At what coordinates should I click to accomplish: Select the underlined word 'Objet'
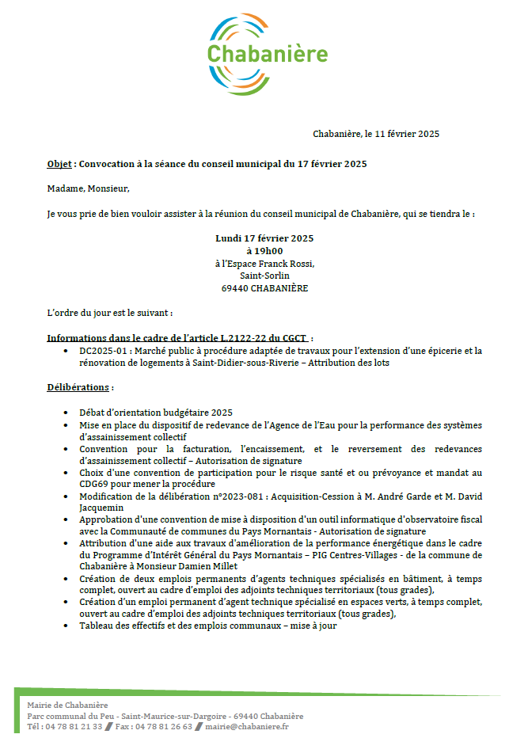59,165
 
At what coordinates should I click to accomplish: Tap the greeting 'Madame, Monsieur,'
88,188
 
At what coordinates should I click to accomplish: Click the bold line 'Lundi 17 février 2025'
264,238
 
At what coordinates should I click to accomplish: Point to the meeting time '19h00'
269,251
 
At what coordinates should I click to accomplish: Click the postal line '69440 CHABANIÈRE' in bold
264,288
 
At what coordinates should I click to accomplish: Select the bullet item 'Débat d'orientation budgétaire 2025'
156,413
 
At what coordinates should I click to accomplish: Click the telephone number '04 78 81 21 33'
74,727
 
